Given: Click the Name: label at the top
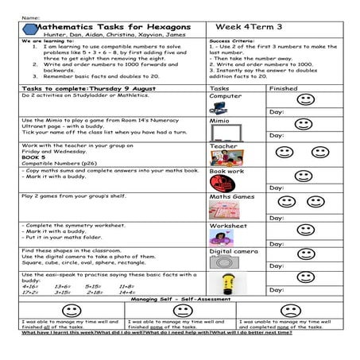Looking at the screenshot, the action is tap(30, 16).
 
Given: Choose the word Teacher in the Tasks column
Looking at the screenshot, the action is tap(223, 146).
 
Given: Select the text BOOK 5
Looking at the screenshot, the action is tap(34, 158).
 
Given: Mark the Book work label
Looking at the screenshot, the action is tap(226, 171).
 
